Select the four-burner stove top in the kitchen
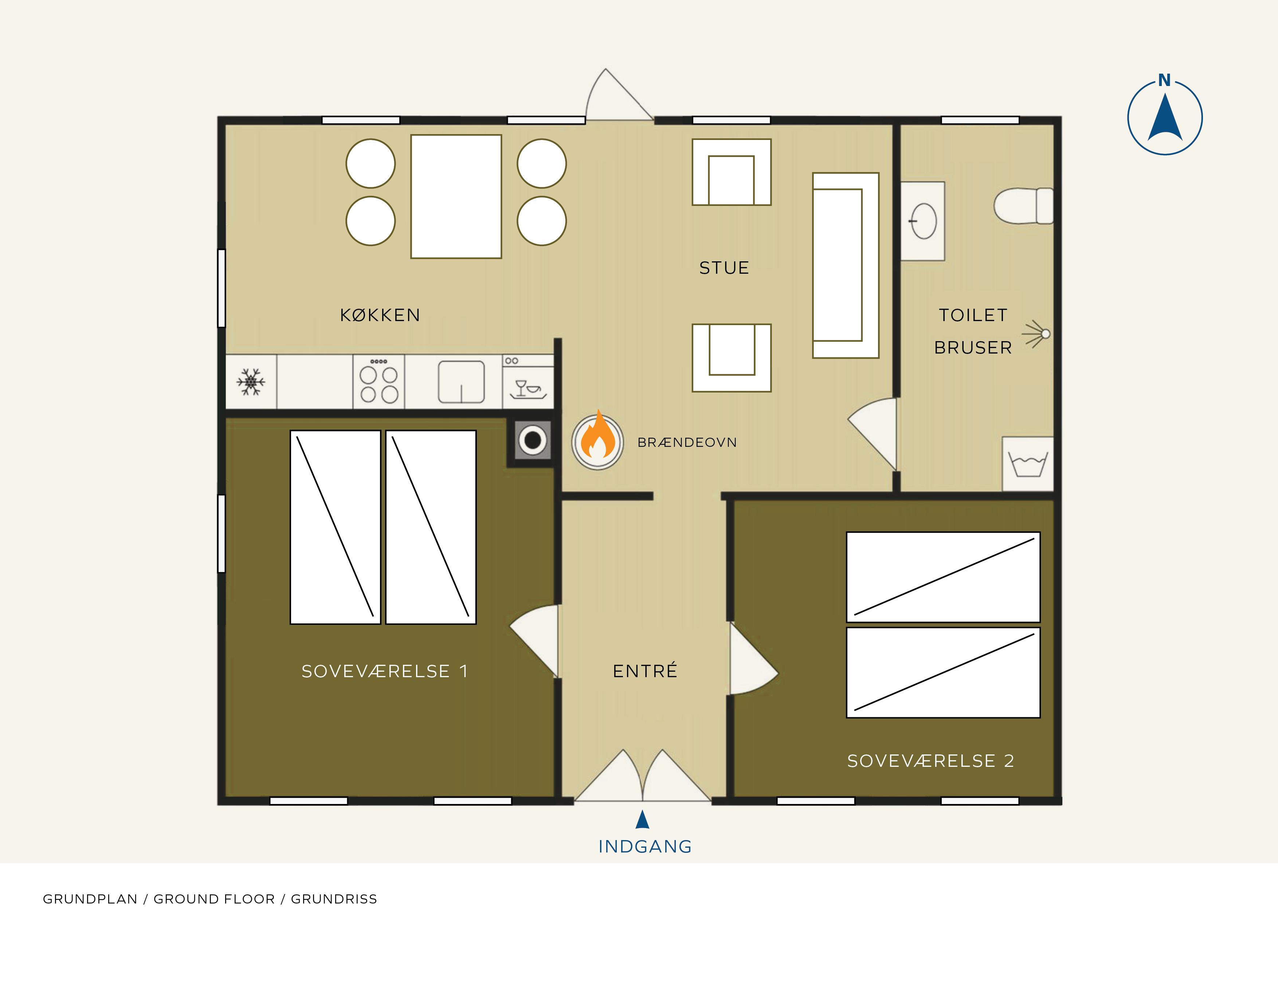[x=379, y=381]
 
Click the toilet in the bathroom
[x=1023, y=206]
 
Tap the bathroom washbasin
[x=923, y=221]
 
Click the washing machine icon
[x=1027, y=464]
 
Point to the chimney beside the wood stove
[x=533, y=440]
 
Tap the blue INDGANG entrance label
[x=645, y=846]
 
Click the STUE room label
[x=724, y=268]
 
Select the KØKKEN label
[x=380, y=315]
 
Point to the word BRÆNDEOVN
[x=687, y=442]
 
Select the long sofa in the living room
[x=845, y=265]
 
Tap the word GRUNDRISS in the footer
[x=334, y=899]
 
